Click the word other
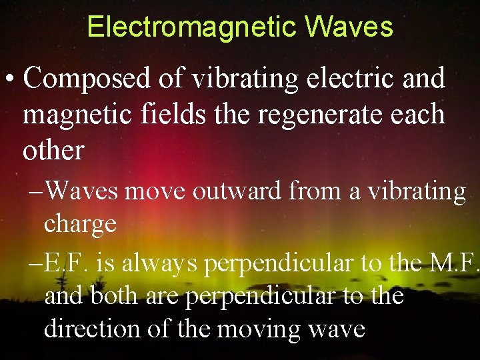pos(53,150)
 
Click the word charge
pos(80,223)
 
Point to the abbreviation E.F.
pos(68,263)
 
